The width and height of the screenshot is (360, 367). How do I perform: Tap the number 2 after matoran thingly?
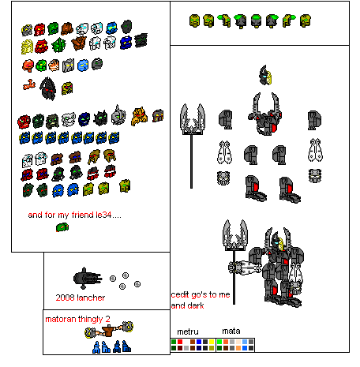pos(107,319)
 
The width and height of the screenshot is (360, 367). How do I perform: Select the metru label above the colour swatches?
pos(188,331)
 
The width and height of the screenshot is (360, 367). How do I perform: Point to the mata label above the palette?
pos(231,331)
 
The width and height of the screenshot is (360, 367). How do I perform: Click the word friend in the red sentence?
pos(83,215)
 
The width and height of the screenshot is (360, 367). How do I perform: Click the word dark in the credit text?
pos(195,305)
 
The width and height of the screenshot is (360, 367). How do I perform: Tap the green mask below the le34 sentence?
pos(62,227)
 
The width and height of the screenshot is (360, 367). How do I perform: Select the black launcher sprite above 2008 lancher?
pos(88,279)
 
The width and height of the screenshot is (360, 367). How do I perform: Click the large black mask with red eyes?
pos(48,88)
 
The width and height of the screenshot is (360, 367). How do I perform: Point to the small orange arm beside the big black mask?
pos(29,84)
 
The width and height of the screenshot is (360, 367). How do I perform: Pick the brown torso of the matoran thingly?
pos(107,331)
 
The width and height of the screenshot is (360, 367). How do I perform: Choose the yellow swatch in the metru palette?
pos(212,342)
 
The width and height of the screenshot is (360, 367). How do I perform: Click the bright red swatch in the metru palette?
pos(180,342)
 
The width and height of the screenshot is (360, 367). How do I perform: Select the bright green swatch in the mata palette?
pos(219,342)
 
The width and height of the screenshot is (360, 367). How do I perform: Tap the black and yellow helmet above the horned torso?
pos(265,75)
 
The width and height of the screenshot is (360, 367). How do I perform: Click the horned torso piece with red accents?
pos(265,114)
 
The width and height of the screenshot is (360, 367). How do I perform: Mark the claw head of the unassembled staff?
pos(193,119)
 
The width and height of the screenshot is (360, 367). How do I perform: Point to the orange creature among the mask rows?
pos(139,116)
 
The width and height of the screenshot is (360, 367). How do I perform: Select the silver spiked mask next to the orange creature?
pos(118,115)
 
